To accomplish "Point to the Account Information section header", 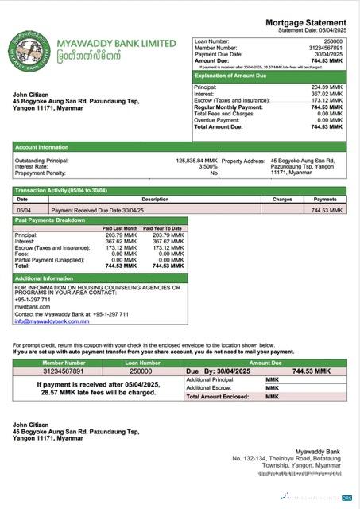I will pyautogui.click(x=42, y=147).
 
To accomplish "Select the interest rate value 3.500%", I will pyautogui.click(x=207, y=166).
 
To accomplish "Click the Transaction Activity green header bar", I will pyautogui.click(x=180, y=191).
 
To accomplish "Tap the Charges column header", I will pyautogui.click(x=282, y=200).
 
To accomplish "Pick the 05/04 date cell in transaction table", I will pyautogui.click(x=24, y=210).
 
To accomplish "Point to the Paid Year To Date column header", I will pyautogui.click(x=168, y=228).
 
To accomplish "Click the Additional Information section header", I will pyautogui.click(x=45, y=278).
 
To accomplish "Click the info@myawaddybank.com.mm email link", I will pyautogui.click(x=52, y=321).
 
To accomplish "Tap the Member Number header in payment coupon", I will pyautogui.click(x=63, y=362).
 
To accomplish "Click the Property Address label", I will pyautogui.click(x=243, y=160).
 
